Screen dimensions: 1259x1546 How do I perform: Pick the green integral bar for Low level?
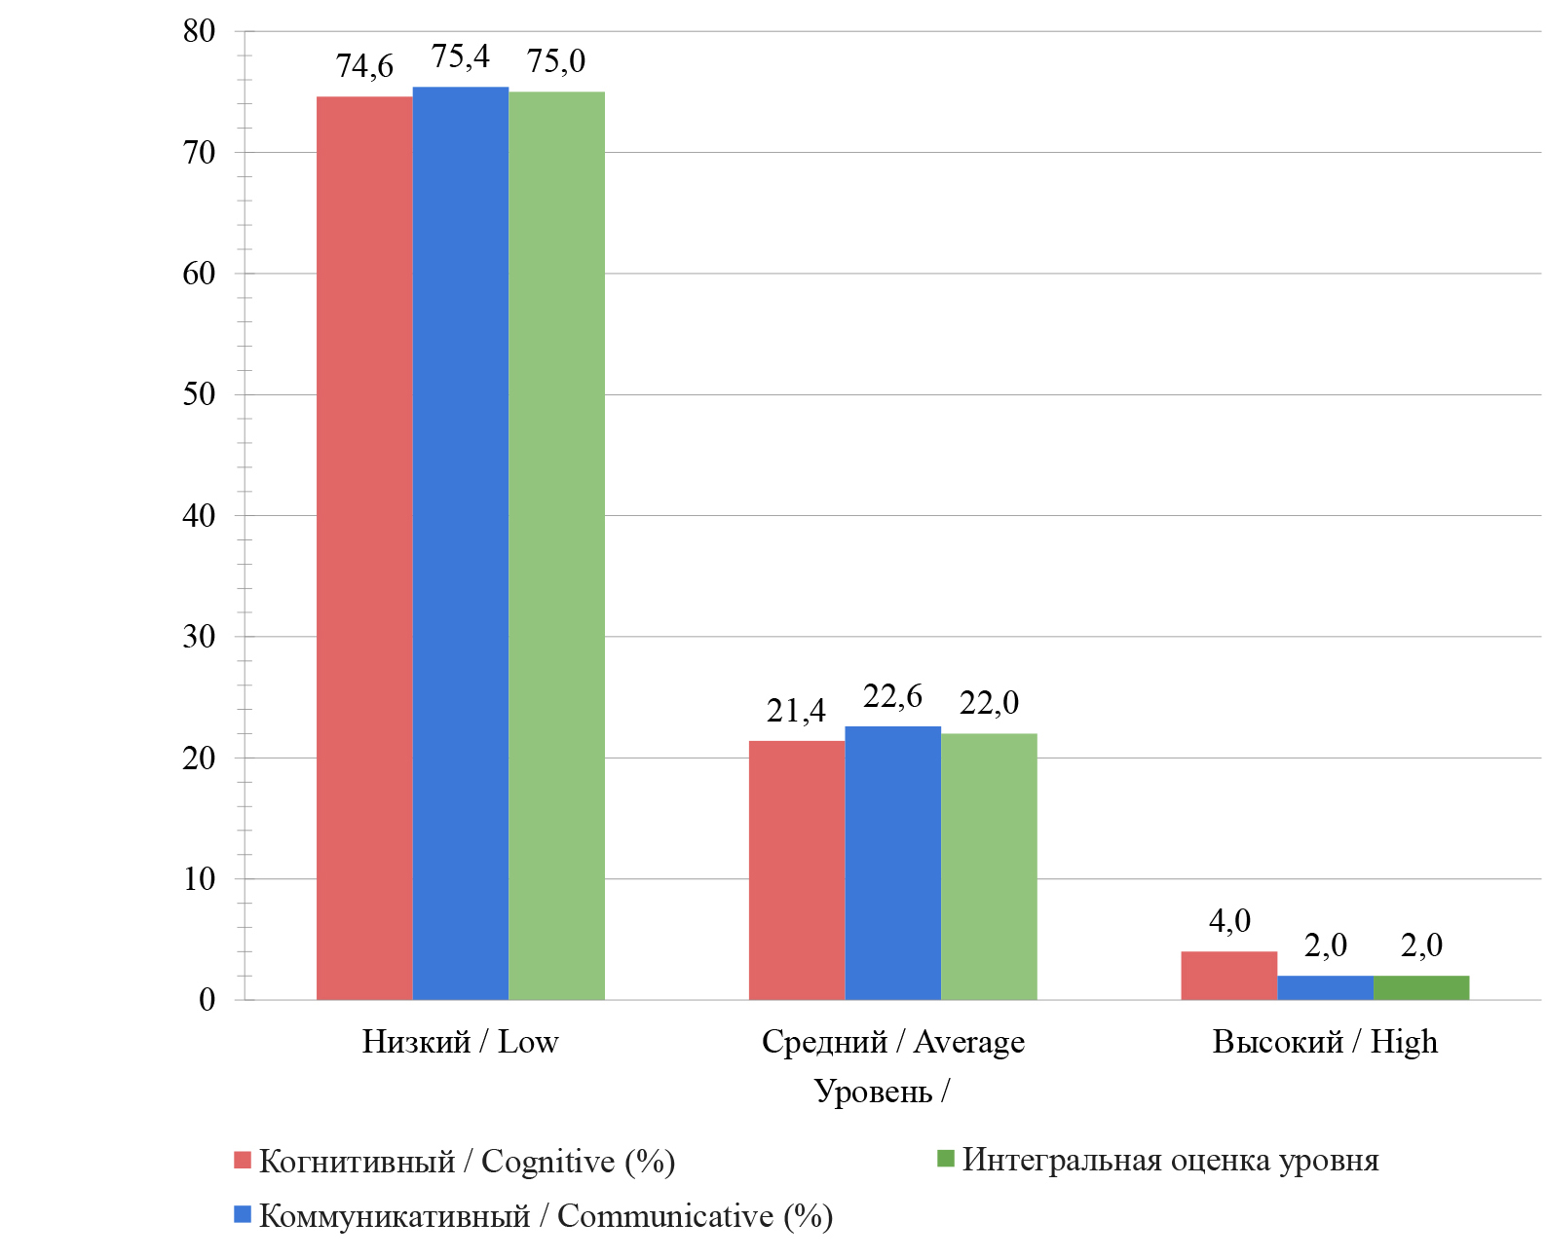(556, 545)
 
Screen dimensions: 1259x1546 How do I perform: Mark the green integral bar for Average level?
(989, 867)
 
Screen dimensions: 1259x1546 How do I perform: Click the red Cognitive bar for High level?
(1228, 975)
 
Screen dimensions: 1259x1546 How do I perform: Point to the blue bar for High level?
(1325, 987)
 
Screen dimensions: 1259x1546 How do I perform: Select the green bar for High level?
(1421, 987)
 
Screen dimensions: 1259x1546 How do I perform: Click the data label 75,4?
(460, 57)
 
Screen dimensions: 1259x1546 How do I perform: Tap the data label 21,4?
(796, 712)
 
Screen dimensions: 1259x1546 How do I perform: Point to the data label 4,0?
(1229, 921)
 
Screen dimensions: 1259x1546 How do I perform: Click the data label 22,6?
(892, 697)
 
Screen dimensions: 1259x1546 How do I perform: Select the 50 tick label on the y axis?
(199, 394)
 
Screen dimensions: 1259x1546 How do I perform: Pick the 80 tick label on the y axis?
(199, 31)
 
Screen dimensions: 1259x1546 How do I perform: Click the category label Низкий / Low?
(460, 1042)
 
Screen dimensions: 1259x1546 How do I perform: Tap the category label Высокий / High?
(1325, 1042)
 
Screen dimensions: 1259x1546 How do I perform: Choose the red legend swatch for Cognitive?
(243, 1160)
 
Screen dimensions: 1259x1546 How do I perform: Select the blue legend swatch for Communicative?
(243, 1214)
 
